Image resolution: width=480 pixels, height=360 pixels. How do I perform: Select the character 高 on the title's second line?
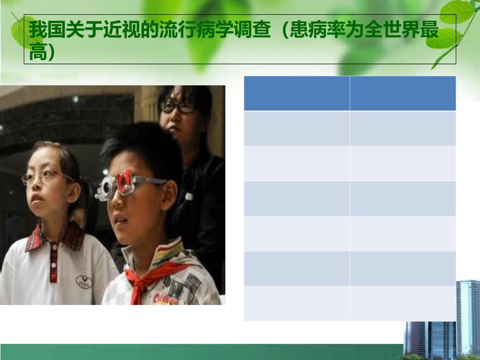37,52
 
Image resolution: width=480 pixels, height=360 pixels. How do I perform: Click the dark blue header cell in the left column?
297,93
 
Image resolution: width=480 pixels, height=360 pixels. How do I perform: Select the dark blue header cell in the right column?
403,93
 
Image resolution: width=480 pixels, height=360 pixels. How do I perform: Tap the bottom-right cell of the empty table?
403,303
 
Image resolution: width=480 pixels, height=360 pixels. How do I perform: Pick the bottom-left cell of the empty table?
297,303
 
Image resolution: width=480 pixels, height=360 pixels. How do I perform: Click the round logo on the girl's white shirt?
84,281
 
